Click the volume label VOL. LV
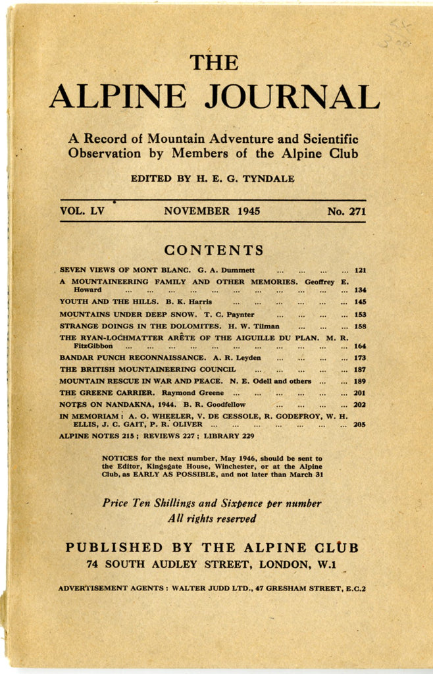click(82, 211)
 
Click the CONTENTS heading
click(214, 250)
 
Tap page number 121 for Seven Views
click(360, 270)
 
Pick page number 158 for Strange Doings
click(360, 326)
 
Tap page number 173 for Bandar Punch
click(360, 357)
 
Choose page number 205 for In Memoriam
click(360, 425)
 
